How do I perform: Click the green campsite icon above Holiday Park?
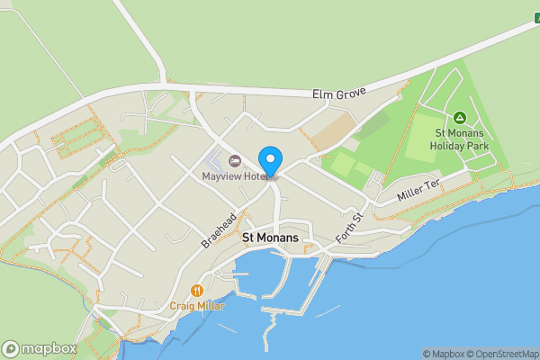(459, 117)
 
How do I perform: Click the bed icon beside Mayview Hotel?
(235, 161)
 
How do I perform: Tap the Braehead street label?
(218, 230)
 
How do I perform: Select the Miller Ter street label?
(418, 190)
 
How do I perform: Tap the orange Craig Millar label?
(197, 306)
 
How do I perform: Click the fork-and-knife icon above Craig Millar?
(196, 291)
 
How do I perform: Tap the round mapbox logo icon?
(11, 348)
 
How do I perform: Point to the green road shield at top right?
(535, 17)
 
